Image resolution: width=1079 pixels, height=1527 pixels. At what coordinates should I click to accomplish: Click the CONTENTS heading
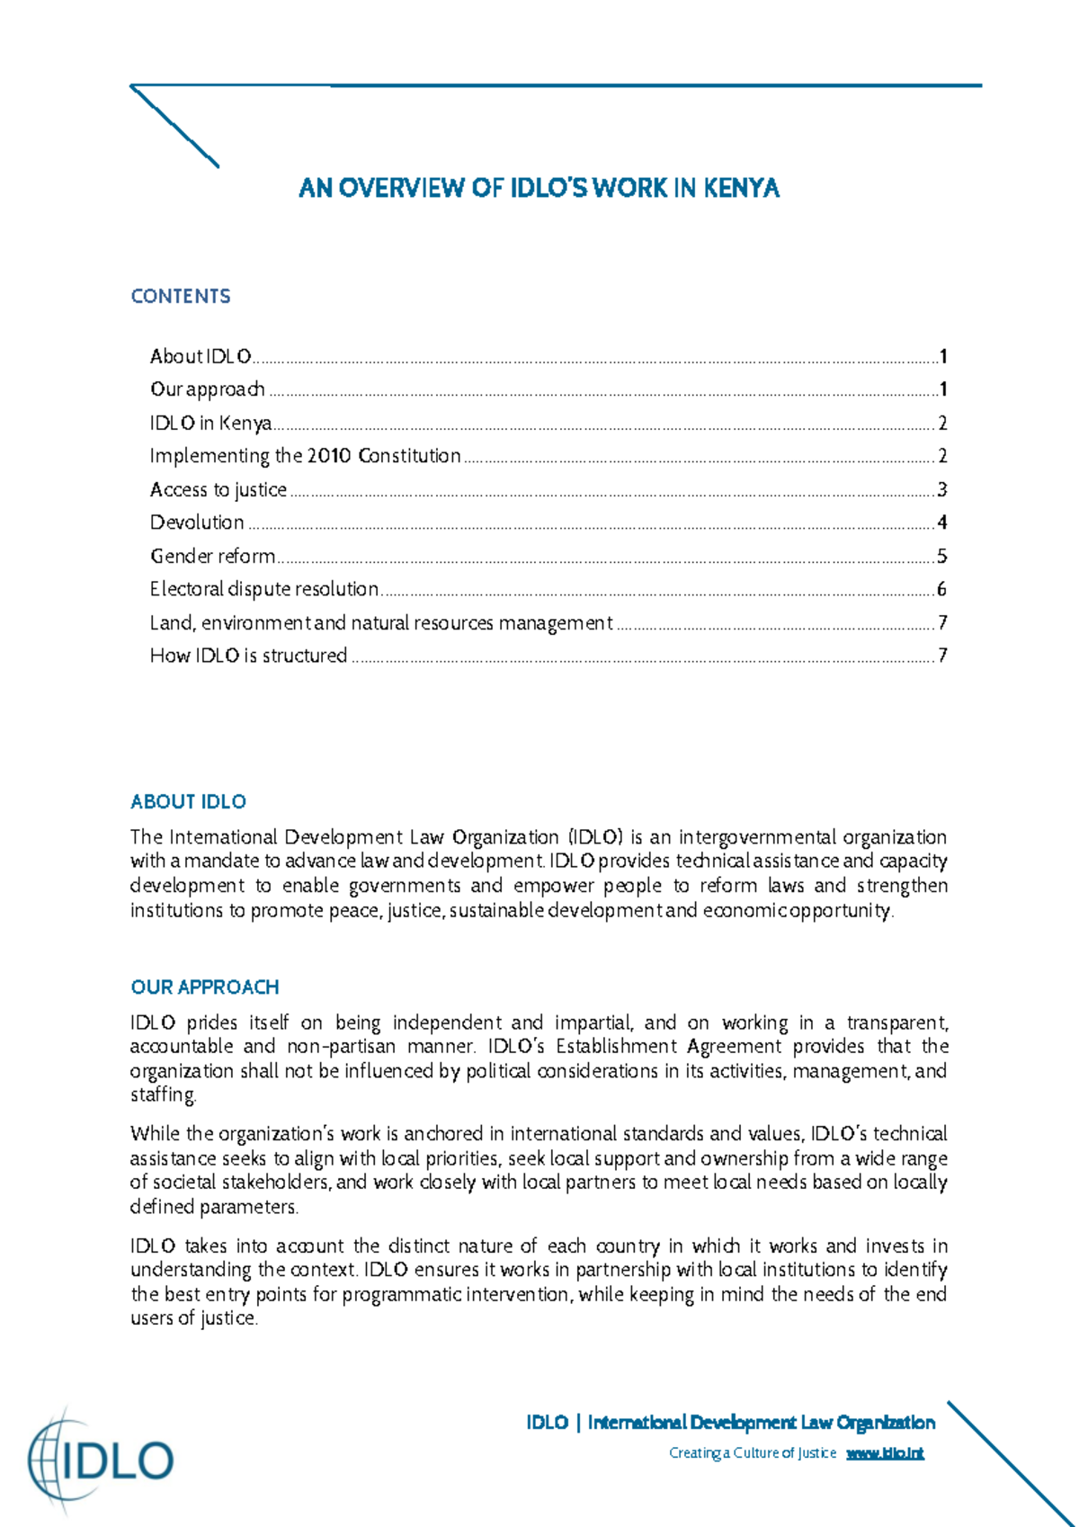pyautogui.click(x=181, y=297)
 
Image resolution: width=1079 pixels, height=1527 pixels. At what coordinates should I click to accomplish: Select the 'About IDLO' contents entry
pyautogui.click(x=201, y=357)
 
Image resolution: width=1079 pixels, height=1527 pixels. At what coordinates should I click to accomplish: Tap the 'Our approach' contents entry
pyautogui.click(x=208, y=389)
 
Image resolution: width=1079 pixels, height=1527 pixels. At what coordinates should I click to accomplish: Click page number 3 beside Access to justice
pyautogui.click(x=941, y=490)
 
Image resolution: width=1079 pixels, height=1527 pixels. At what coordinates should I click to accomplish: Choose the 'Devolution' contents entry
pyautogui.click(x=197, y=522)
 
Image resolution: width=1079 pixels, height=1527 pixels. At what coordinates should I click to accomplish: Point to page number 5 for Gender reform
pyautogui.click(x=941, y=557)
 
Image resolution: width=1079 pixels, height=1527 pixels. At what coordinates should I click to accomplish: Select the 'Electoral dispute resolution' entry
pyautogui.click(x=264, y=589)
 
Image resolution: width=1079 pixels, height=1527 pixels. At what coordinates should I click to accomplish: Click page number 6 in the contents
pyautogui.click(x=941, y=590)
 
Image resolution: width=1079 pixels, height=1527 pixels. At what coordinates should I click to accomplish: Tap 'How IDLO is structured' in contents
pyautogui.click(x=248, y=656)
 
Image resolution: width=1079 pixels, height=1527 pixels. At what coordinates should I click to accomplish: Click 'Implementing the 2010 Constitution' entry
pyautogui.click(x=305, y=456)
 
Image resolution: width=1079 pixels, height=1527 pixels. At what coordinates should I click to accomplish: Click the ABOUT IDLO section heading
pyautogui.click(x=188, y=802)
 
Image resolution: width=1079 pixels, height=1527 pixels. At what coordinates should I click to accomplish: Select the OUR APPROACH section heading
pyautogui.click(x=205, y=987)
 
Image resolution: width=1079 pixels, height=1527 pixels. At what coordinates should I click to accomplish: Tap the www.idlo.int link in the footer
pyautogui.click(x=885, y=1453)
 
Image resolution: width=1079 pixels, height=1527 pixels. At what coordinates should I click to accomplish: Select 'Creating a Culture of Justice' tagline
pyautogui.click(x=753, y=1453)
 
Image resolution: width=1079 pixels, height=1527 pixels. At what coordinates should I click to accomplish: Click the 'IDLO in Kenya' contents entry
pyautogui.click(x=210, y=423)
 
